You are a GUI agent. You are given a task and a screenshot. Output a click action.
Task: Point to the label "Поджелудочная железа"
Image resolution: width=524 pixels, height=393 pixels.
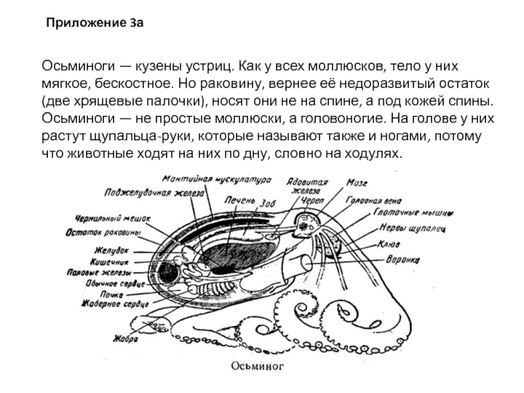tap(154, 193)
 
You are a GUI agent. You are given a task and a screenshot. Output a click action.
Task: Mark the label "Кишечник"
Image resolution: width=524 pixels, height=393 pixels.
tap(108, 261)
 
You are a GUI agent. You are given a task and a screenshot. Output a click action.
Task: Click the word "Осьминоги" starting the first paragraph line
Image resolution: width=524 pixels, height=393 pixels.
tap(78, 67)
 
